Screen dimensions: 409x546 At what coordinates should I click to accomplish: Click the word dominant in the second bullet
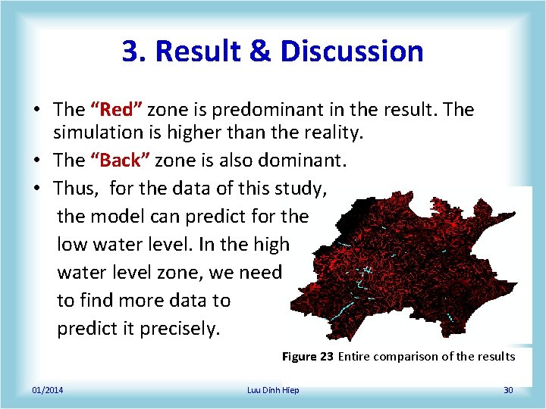(300, 161)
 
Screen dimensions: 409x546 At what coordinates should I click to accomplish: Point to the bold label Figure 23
(307, 357)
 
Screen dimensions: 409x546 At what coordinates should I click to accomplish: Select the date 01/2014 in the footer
(48, 390)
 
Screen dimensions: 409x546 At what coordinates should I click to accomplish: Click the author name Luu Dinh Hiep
(273, 390)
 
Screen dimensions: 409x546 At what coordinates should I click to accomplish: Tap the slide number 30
(508, 390)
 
